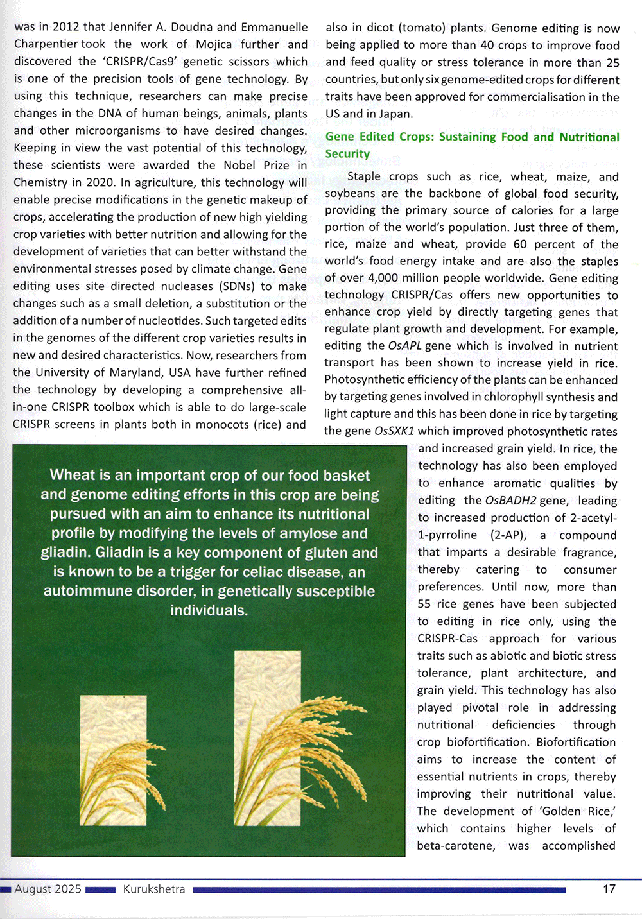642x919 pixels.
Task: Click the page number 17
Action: pos(609,889)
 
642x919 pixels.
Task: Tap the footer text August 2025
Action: pos(48,889)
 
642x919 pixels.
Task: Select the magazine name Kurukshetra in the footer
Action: pos(154,889)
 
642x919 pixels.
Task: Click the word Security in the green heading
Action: pos(347,154)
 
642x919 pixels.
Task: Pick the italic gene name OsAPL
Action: pos(404,346)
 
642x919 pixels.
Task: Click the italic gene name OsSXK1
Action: pos(394,431)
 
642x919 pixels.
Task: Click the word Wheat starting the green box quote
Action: pos(72,476)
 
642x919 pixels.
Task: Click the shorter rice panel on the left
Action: pos(114,760)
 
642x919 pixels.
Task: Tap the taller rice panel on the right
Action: pos(268,738)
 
